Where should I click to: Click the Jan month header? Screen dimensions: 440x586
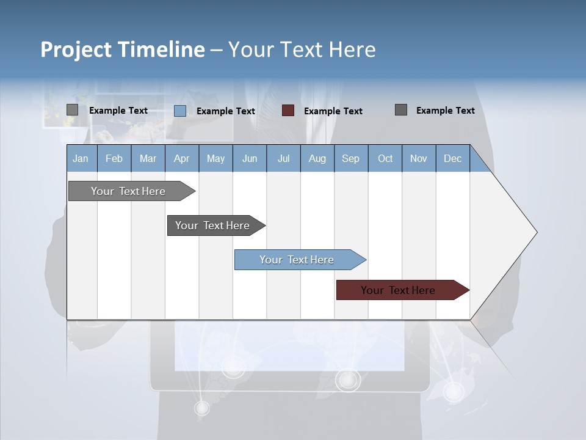pos(81,158)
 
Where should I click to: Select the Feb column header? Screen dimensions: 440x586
pos(114,158)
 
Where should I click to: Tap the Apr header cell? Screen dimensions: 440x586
pos(181,158)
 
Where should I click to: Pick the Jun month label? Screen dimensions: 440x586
pos(250,158)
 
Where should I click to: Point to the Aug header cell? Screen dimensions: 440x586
pos(317,158)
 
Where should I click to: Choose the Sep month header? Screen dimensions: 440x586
pos(350,158)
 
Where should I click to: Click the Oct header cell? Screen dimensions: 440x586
pos(385,158)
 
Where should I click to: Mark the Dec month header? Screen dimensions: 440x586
pos(452,158)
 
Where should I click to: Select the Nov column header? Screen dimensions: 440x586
pos(419,158)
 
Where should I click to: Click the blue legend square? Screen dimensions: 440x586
pos(180,111)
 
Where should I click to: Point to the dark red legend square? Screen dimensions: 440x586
pos(288,111)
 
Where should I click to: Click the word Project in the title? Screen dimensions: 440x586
pos(76,50)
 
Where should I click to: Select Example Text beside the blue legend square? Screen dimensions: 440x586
pos(225,111)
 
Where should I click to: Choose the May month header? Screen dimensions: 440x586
pos(215,158)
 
